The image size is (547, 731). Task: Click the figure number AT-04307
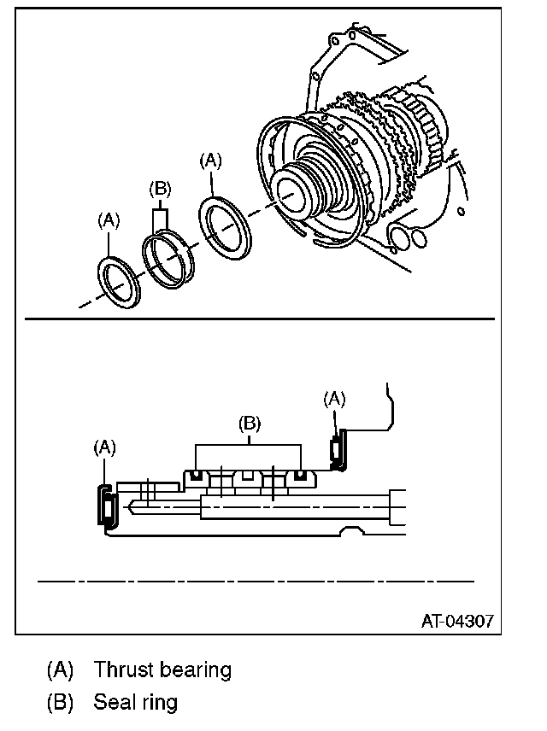(x=457, y=620)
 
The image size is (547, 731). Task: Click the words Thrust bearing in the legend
(x=162, y=670)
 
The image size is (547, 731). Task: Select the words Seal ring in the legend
(x=136, y=703)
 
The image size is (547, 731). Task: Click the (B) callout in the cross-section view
(x=248, y=423)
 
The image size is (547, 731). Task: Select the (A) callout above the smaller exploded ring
(x=109, y=220)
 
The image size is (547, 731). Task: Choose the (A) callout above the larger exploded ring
(x=211, y=160)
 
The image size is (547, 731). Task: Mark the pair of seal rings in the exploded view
(x=168, y=256)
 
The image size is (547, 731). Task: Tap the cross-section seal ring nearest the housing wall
(x=300, y=476)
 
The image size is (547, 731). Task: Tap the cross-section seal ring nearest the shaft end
(x=197, y=476)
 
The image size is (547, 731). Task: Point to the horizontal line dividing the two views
(x=256, y=319)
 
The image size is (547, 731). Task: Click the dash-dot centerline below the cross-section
(x=256, y=581)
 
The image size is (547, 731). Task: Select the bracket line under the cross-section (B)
(x=248, y=445)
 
